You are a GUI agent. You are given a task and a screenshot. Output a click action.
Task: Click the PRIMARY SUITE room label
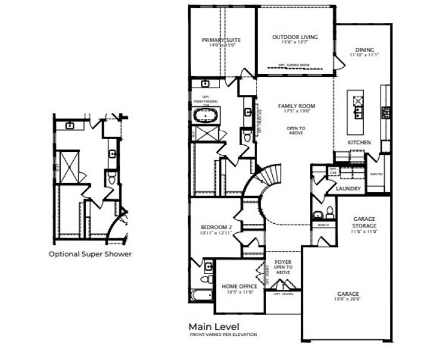[222, 40]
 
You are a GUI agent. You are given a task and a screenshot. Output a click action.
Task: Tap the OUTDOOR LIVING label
[295, 37]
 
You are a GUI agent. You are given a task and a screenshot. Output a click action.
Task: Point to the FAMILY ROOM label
[296, 106]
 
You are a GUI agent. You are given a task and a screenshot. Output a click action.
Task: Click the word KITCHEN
[359, 142]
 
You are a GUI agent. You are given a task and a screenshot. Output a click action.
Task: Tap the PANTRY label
[376, 174]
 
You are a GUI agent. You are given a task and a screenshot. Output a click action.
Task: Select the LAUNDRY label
[348, 188]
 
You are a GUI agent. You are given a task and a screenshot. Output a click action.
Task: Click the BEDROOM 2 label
[216, 227]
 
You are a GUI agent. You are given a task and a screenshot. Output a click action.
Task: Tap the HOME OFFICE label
[239, 286]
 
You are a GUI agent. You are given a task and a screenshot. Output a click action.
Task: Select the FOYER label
[282, 262]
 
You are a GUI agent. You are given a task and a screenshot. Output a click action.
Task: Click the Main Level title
[213, 326]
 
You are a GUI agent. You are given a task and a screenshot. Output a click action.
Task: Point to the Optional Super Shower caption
[90, 253]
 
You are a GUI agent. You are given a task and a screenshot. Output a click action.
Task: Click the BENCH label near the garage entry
[324, 226]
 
